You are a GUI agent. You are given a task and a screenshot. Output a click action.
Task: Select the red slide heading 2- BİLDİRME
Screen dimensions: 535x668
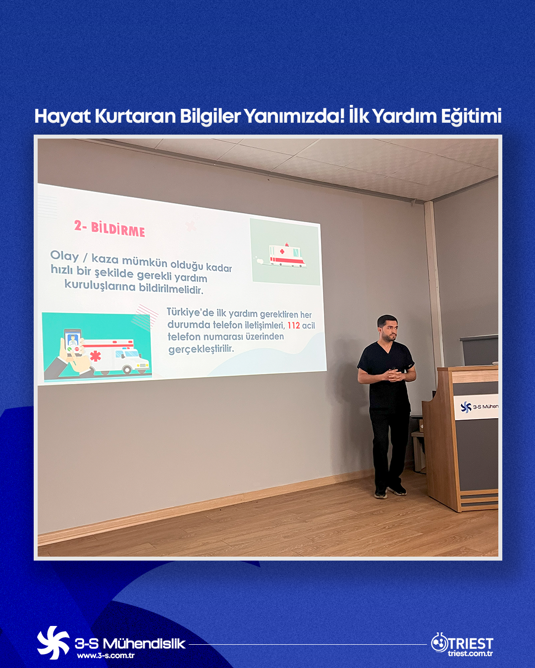[x=109, y=229]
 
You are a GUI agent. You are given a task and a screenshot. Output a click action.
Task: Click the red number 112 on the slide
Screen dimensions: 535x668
[x=293, y=325]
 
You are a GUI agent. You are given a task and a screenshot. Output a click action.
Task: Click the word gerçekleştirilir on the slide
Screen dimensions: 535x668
[x=201, y=349]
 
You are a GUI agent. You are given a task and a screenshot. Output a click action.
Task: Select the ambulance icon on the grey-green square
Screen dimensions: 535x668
[x=287, y=255]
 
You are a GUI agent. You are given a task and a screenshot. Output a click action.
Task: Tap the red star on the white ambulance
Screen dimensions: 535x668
[x=96, y=356]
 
